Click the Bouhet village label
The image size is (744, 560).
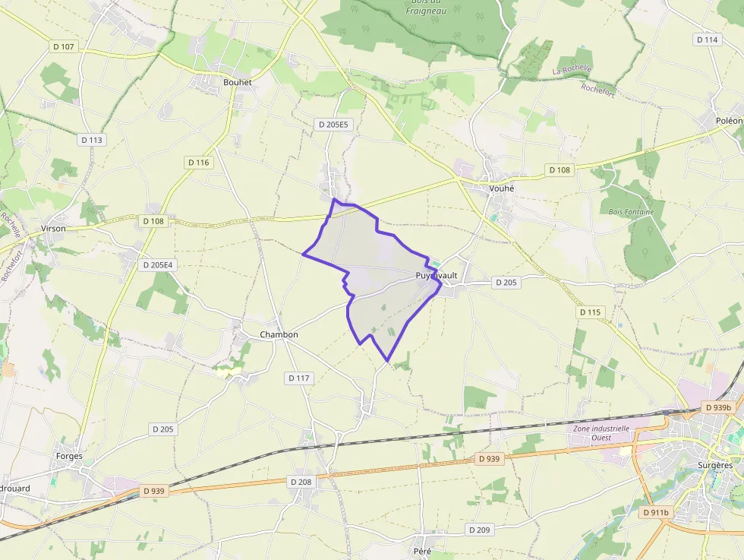point(237,82)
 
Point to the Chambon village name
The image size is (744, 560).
point(279,334)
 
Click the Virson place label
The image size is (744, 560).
point(53,228)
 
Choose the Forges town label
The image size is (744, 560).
point(69,456)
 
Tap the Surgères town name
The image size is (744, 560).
point(714,465)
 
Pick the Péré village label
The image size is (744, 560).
point(423,549)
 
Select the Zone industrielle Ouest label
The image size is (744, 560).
point(601,432)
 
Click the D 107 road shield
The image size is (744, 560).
point(64,46)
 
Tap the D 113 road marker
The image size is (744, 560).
point(91,140)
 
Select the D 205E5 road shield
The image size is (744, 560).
point(333,124)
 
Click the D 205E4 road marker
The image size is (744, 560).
point(157,265)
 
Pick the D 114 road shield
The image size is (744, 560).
point(707,40)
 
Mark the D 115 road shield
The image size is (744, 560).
point(590,312)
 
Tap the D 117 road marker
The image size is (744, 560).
point(300,378)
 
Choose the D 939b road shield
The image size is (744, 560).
point(718,407)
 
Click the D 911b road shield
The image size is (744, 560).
point(655,512)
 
